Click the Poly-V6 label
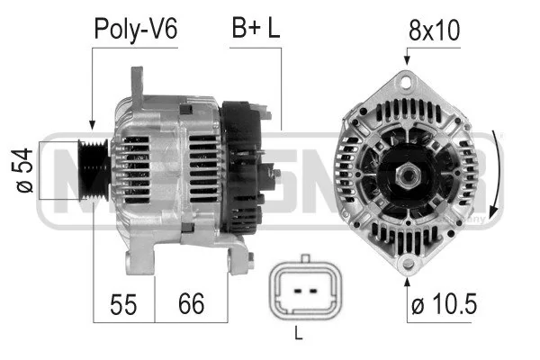(x=137, y=30)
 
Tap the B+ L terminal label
(x=256, y=30)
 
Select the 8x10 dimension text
(x=435, y=31)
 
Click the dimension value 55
(x=124, y=304)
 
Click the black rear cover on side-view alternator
(x=241, y=171)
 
